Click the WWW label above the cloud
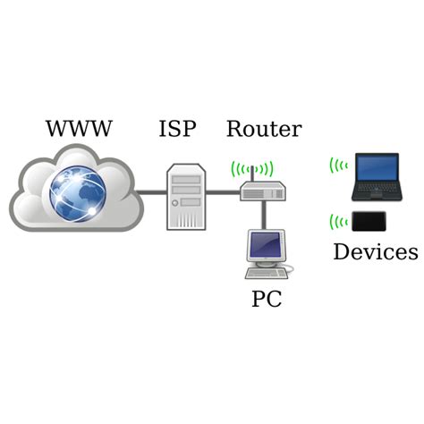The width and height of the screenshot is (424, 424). [79, 130]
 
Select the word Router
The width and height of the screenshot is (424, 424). [263, 130]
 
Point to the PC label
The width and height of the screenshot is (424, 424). [266, 299]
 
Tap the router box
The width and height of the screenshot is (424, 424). [262, 191]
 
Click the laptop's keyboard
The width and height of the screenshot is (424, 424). [374, 191]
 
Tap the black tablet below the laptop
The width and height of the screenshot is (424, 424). [370, 221]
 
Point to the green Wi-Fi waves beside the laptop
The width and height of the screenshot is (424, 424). [337, 165]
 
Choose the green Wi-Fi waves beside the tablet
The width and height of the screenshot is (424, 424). [337, 221]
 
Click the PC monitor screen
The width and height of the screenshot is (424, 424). [266, 244]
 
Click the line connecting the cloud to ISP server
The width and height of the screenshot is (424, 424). [152, 191]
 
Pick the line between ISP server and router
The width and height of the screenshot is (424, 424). [224, 191]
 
